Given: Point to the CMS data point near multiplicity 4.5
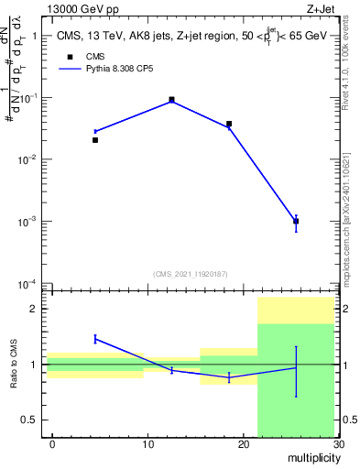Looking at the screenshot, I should [x=95, y=140].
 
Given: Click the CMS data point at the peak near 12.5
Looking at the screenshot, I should [x=172, y=99].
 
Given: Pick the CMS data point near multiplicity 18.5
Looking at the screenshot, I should [x=229, y=124].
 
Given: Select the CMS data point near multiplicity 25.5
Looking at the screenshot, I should [x=296, y=221].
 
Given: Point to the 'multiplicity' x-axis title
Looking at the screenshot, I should [x=311, y=457].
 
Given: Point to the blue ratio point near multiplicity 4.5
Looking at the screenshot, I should [x=95, y=339].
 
